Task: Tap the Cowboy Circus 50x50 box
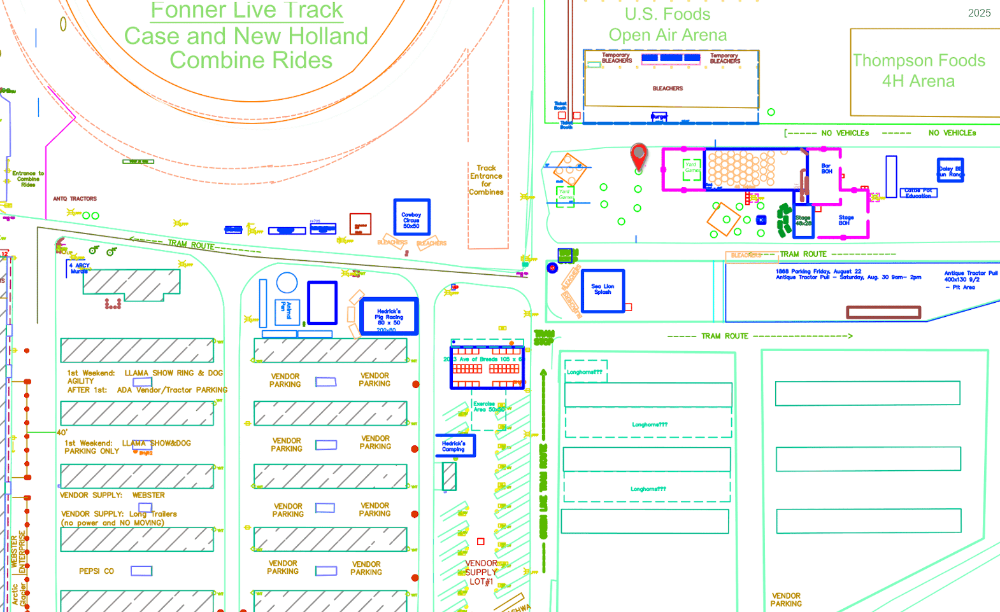coord(411,217)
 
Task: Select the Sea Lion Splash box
coord(603,290)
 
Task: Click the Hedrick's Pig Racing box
coord(389,316)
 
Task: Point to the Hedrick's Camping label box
coord(455,446)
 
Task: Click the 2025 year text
coord(979,13)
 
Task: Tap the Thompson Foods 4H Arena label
coord(918,71)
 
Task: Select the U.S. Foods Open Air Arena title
coord(668,25)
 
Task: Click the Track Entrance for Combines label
coord(486,180)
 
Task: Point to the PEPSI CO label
coord(96,571)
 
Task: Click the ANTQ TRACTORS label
coord(75,199)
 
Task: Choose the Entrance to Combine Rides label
coord(28,179)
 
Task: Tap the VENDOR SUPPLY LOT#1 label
coord(481,573)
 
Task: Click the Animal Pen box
coord(287,312)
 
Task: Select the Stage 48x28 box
coord(803,221)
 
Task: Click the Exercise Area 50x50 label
coord(488,407)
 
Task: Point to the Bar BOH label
coord(826,169)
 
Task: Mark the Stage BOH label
coord(846,220)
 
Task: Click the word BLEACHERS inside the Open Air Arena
coord(668,88)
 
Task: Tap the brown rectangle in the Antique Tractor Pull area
coord(883,312)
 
